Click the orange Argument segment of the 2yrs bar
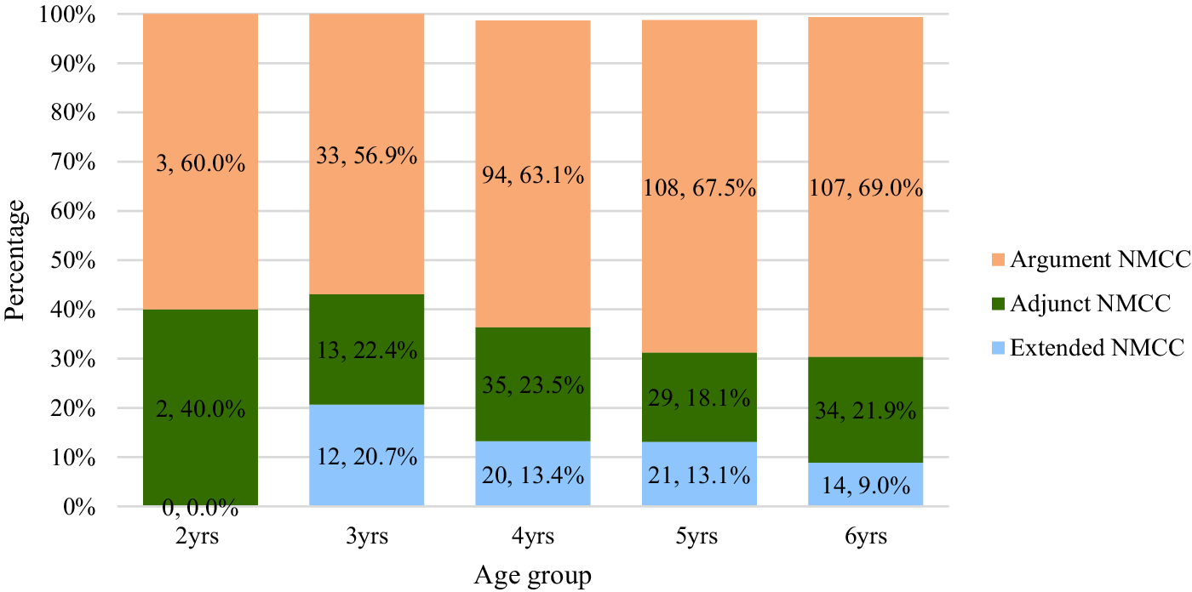pyautogui.click(x=201, y=162)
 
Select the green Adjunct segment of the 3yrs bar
pyautogui.click(x=367, y=349)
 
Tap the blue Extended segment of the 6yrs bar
pyautogui.click(x=865, y=484)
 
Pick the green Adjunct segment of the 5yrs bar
pyautogui.click(x=699, y=397)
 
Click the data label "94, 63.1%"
pyautogui.click(x=533, y=175)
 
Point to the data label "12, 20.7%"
pyautogui.click(x=367, y=457)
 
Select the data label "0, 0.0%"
pyautogui.click(x=200, y=509)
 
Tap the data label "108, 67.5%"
pyautogui.click(x=699, y=188)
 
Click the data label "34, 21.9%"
pyautogui.click(x=865, y=411)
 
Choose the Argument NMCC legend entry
pyautogui.click(x=1091, y=259)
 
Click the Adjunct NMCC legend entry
pyautogui.click(x=1080, y=304)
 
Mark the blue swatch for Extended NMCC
pyautogui.click(x=998, y=348)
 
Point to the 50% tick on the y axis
pyautogui.click(x=73, y=261)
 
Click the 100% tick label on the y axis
pyautogui.click(x=67, y=14)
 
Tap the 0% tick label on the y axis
pyautogui.click(x=78, y=508)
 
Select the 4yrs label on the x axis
pyautogui.click(x=533, y=536)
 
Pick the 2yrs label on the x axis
pyautogui.click(x=197, y=536)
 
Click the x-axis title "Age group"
pyautogui.click(x=532, y=576)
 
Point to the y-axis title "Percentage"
pyautogui.click(x=14, y=260)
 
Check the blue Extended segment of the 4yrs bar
pyautogui.click(x=533, y=473)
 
